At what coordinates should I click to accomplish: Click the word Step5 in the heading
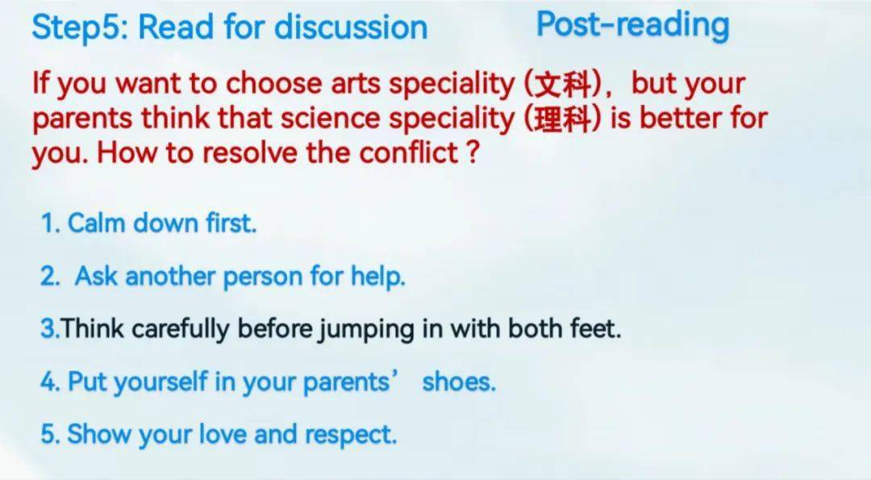[x=77, y=27]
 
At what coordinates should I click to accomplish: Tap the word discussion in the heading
[x=351, y=26]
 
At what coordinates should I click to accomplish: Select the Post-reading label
[x=633, y=26]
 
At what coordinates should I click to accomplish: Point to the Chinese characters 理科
[x=562, y=119]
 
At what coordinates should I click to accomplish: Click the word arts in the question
[x=356, y=83]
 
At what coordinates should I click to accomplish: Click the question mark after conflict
[x=473, y=152]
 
